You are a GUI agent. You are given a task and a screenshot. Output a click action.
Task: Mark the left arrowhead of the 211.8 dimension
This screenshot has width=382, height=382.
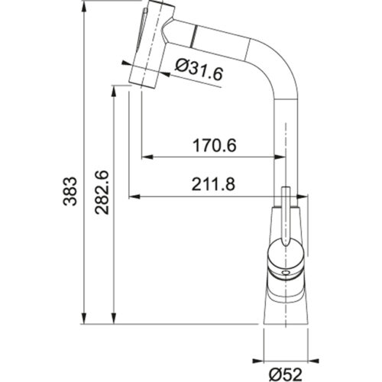[132, 196]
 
